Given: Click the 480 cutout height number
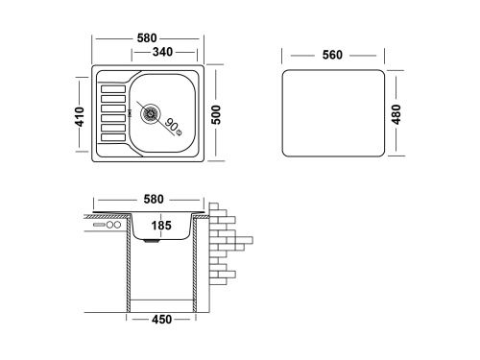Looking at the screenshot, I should coord(396,113).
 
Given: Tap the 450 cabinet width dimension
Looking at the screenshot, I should coord(161,320).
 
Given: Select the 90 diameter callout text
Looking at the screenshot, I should coord(173,125).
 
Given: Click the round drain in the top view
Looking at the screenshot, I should coord(150,113).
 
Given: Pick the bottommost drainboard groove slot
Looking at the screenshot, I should coord(112,139).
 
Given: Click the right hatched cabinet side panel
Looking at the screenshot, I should coord(197,264).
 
